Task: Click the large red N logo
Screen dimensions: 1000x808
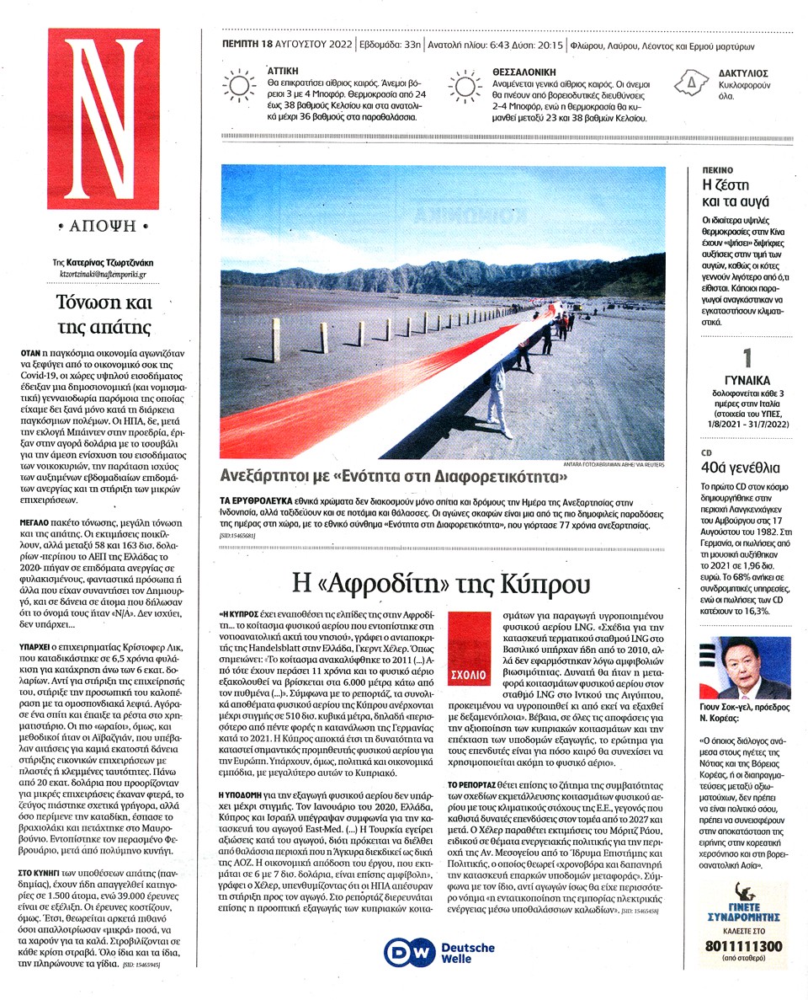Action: pos(103,118)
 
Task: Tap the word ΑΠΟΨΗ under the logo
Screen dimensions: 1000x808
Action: pos(104,226)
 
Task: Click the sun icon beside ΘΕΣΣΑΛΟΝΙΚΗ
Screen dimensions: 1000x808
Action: pos(465,87)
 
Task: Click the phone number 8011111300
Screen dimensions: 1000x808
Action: pos(744,946)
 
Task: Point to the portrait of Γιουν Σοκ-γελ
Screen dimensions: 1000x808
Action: pos(745,668)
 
